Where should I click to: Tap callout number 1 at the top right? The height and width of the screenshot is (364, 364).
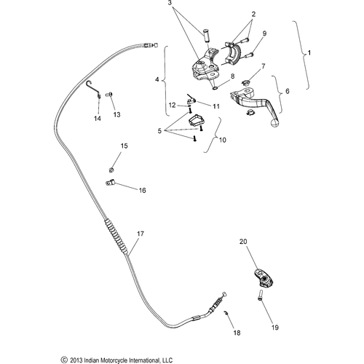click(310, 54)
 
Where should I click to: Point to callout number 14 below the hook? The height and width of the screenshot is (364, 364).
click(97, 117)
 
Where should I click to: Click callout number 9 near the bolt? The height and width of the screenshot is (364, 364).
click(264, 33)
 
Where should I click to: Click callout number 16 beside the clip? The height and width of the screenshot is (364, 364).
click(142, 190)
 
